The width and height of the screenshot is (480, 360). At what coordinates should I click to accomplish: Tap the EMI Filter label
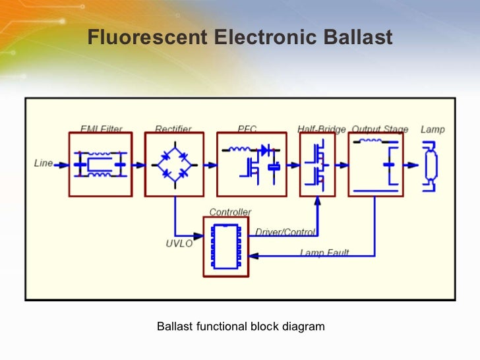101,129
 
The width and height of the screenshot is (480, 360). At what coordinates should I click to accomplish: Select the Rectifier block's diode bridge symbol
175,164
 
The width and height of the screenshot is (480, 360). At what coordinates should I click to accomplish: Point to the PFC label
247,129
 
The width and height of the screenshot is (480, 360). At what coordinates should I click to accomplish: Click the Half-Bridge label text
321,129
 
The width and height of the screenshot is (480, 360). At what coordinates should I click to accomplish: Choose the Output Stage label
380,129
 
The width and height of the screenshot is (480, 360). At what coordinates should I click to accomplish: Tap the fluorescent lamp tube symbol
431,165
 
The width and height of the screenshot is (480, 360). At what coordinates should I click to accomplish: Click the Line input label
44,163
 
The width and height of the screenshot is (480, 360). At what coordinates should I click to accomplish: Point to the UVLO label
179,244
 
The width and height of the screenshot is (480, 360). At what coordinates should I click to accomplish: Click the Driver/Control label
285,232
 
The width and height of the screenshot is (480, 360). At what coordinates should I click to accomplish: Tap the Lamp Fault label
324,253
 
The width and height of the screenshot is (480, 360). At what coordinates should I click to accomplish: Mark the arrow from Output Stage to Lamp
411,164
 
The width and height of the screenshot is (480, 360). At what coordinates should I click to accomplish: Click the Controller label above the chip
230,212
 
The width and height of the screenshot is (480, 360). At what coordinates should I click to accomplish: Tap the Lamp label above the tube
433,129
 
